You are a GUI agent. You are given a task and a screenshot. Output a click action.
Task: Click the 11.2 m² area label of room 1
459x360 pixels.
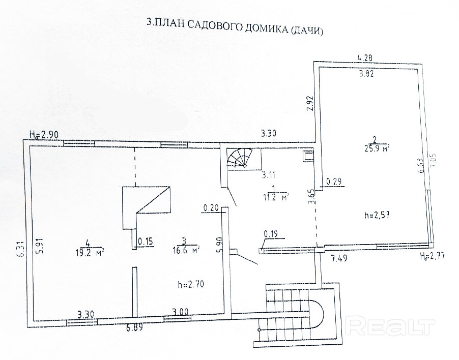click(275, 195)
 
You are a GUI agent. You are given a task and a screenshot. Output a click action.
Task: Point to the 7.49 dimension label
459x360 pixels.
click(339, 258)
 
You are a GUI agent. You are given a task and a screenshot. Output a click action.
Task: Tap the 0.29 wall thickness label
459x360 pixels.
click(334, 181)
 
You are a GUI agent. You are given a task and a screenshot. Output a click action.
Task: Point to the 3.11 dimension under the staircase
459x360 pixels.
click(270, 175)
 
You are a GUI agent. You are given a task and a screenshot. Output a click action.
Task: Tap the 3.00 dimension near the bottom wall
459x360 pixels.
click(180, 311)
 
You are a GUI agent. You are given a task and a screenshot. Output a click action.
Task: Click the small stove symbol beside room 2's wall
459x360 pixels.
click(308, 156)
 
